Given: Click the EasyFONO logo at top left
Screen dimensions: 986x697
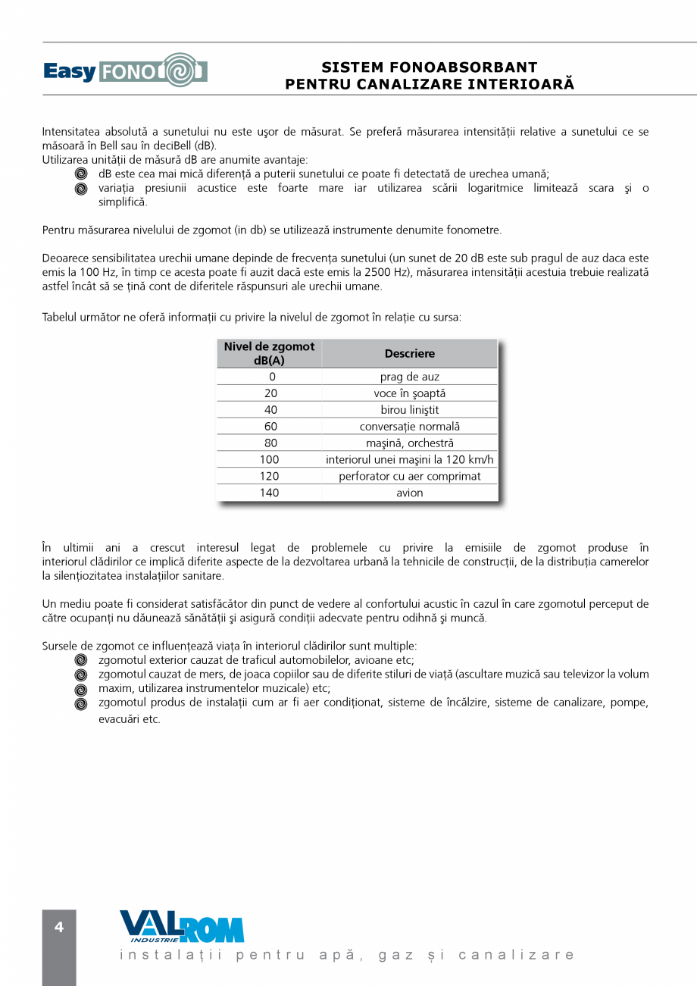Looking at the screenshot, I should [125, 70].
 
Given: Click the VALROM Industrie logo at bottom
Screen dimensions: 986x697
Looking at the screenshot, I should [182, 927].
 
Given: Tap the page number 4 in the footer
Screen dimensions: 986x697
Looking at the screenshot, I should [59, 928].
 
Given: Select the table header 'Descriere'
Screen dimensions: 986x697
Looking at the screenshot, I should [410, 354].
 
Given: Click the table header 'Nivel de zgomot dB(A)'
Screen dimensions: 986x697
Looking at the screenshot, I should [269, 354].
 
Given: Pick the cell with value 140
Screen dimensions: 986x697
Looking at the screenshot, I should [269, 493].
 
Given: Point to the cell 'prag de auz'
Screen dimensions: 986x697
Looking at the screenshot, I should [410, 377].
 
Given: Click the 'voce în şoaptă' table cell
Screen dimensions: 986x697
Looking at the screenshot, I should [410, 393].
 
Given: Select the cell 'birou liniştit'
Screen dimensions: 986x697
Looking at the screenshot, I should [410, 410].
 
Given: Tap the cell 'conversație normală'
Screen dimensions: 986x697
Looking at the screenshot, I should [410, 427].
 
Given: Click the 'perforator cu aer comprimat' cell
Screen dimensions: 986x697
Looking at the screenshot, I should [410, 476].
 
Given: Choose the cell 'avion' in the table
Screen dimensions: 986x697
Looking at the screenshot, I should [410, 493].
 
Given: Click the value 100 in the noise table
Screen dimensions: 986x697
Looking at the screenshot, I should [269, 459].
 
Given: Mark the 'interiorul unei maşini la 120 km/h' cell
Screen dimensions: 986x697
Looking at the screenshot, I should [410, 459].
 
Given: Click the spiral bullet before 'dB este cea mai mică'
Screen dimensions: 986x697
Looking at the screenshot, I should [81, 174].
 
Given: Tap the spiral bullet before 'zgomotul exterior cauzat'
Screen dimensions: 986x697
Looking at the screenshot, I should [81, 660].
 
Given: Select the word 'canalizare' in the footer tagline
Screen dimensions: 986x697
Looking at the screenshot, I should [517, 955].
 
